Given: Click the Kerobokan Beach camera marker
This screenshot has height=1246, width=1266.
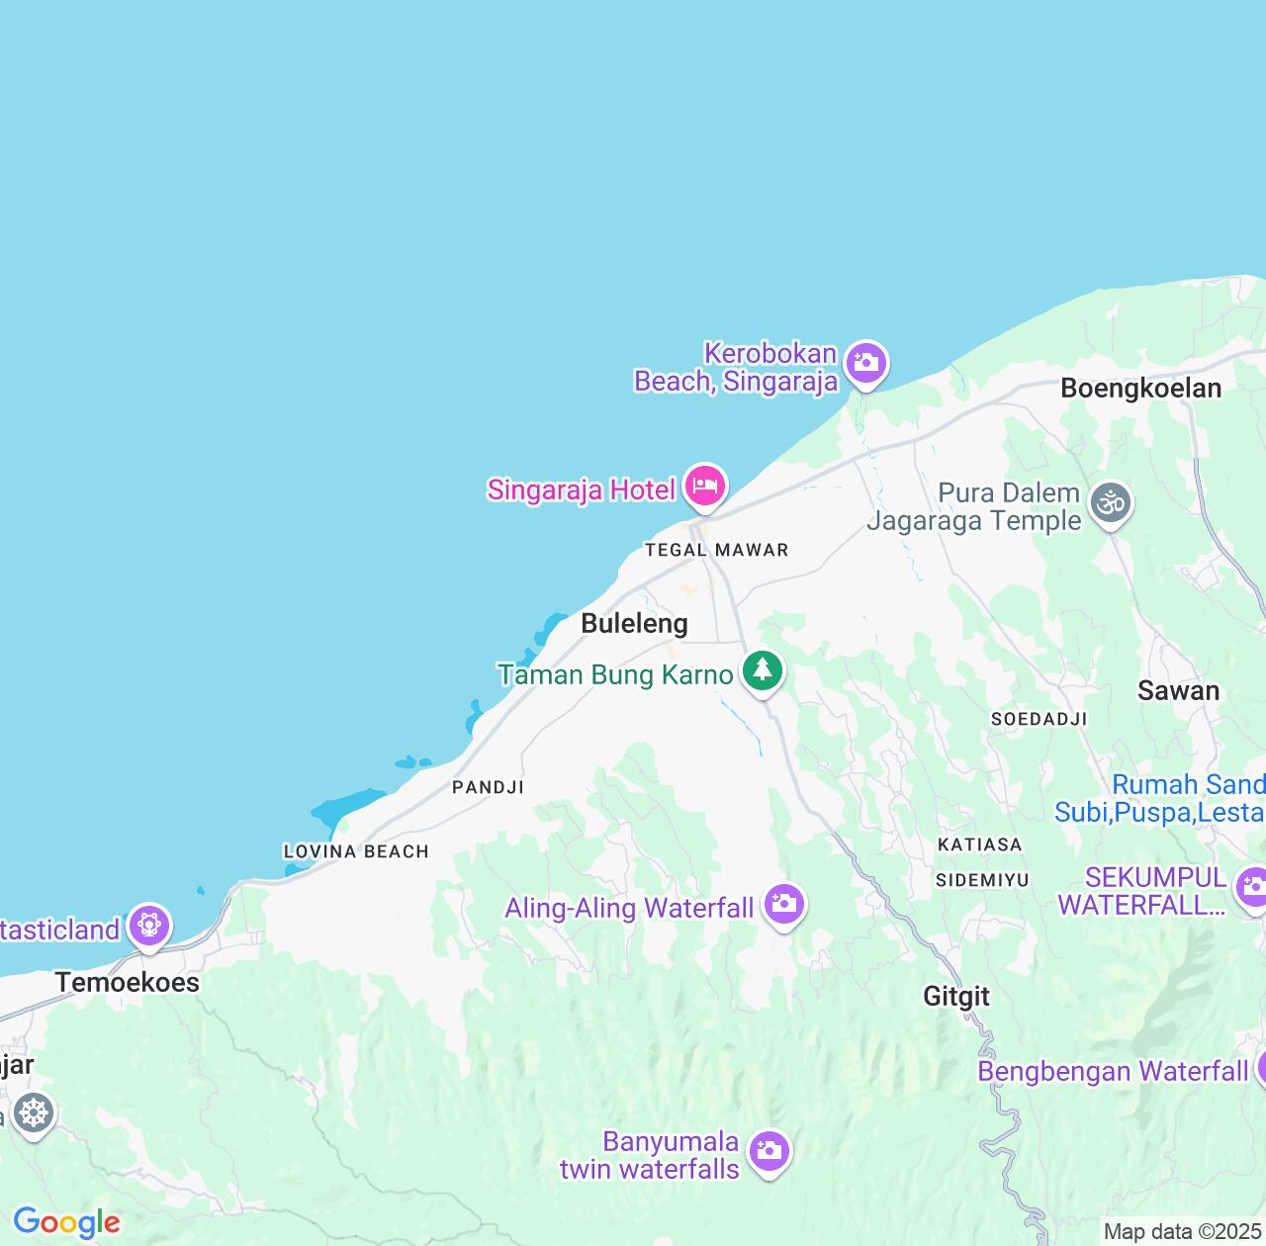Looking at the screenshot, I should point(865,363).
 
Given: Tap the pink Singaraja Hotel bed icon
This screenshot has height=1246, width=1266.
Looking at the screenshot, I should point(705,486).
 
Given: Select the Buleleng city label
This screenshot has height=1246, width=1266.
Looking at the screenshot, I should point(634,623).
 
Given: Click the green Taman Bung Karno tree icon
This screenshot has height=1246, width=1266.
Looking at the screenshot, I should point(762,670).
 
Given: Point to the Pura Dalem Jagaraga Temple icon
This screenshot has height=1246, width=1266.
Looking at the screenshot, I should point(1111,503).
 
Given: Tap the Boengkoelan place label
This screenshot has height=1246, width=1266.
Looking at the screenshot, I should point(1140,388).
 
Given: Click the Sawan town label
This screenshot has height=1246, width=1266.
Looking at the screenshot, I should point(1178,690).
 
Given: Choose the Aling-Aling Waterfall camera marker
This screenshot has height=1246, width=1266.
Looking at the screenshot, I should point(784,904).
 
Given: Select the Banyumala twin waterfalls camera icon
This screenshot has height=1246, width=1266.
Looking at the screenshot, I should point(769,1151).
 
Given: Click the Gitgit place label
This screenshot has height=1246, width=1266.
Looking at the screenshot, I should point(956,996).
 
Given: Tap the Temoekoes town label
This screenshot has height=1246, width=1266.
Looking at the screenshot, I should point(128,982).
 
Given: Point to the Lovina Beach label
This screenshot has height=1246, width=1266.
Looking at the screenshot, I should point(356,851).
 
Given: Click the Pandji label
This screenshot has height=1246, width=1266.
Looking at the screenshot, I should point(488,787).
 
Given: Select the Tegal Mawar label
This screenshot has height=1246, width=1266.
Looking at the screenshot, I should point(716,550).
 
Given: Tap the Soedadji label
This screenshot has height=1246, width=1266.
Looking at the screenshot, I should point(1039,719).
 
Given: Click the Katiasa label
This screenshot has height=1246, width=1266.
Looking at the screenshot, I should point(979,845).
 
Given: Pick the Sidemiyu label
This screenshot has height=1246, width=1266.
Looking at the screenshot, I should point(982,879).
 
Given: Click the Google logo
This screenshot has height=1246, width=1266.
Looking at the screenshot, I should point(66,1222).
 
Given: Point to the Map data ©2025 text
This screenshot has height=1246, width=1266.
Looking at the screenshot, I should point(1182,1231).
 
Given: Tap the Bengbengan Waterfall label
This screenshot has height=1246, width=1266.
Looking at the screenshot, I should point(1113,1072).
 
